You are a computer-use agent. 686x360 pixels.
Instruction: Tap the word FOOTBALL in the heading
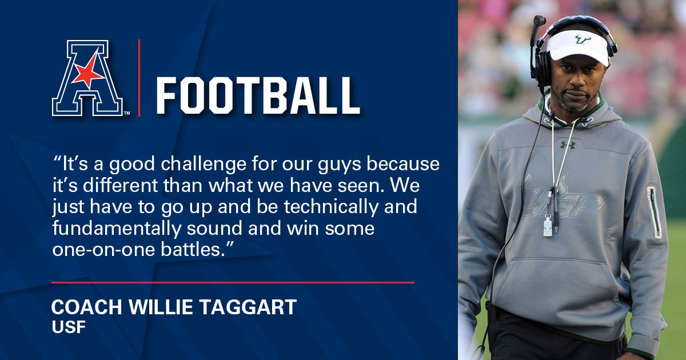pos(258,96)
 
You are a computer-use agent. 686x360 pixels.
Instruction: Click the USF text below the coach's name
pos(69,327)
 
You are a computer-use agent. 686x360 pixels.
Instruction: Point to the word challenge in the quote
pos(204,165)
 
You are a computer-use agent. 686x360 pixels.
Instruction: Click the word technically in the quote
pos(331,207)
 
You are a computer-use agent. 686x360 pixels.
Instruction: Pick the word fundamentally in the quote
pos(117,229)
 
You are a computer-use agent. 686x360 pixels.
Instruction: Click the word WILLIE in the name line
pos(161,307)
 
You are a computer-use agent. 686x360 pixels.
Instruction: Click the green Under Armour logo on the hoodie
pos(568,145)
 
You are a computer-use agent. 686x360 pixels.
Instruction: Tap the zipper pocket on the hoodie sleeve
pos(654,212)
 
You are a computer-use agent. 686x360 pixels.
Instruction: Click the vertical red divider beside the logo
pos(139,78)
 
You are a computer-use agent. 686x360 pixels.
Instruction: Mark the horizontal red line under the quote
pos(233,282)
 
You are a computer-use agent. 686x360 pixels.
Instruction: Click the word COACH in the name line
pos(87,307)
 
